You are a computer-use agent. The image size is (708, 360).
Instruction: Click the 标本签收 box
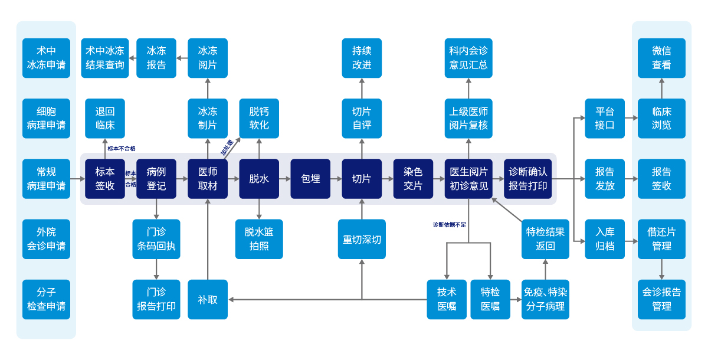[105, 178]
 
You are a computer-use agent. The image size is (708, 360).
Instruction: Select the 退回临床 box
[105, 118]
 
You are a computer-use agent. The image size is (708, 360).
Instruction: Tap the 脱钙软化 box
[259, 118]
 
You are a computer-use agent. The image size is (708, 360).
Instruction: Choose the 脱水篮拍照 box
[259, 239]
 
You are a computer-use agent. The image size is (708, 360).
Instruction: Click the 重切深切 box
[362, 239]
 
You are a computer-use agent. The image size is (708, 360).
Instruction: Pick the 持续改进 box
[362, 58]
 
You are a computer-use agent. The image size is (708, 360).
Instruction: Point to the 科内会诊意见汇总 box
[468, 58]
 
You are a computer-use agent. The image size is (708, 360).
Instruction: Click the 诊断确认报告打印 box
[528, 178]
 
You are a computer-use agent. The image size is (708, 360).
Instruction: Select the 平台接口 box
[605, 118]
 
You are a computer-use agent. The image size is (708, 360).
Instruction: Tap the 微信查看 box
[661, 58]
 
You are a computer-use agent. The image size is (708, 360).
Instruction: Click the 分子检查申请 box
[46, 299]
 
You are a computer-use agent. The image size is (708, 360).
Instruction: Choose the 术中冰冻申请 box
[46, 58]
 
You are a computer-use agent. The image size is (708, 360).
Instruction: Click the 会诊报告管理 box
[661, 299]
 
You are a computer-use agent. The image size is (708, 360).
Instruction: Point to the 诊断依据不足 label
[450, 224]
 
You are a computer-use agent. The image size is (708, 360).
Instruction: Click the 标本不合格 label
[122, 149]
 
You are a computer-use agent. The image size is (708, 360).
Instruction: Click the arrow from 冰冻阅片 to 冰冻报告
[182, 58]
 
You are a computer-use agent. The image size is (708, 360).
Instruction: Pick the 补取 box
[208, 299]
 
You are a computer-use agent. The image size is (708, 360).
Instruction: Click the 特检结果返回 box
[545, 239]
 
